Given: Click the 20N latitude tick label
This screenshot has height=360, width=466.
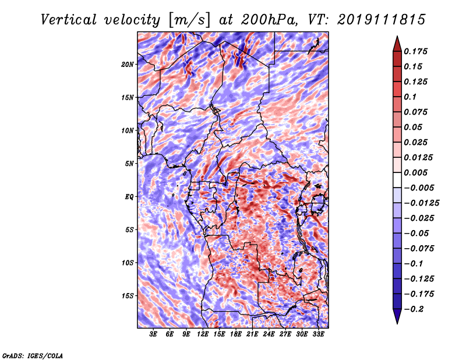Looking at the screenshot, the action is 128,64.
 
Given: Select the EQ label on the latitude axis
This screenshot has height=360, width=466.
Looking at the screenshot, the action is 129,196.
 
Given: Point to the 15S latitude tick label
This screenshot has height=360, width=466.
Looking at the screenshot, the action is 128,296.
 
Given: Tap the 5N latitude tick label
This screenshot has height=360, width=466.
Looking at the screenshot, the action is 129,164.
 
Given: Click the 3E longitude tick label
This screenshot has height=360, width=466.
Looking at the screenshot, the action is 153,334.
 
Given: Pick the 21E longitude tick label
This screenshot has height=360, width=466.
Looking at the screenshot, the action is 252,334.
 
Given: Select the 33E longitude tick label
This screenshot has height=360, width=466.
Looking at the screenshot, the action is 318,334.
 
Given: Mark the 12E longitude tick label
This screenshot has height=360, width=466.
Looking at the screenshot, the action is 202,334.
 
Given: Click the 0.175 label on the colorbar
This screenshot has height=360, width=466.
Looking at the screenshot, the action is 415,51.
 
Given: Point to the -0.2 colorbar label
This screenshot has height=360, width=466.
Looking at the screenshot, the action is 414,309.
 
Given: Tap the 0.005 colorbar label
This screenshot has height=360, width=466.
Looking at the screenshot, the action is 415,172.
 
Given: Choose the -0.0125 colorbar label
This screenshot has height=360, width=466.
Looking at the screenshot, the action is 421,203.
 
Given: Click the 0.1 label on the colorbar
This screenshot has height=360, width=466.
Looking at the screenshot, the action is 410,97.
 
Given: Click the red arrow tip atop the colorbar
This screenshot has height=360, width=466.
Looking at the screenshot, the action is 397,37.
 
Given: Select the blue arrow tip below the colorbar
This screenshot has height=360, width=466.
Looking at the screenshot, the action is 397,323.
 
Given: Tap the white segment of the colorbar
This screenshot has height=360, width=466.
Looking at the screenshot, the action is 397,180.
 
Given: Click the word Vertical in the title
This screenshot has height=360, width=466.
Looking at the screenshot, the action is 69,20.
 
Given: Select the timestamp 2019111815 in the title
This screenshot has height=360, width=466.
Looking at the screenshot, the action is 381,20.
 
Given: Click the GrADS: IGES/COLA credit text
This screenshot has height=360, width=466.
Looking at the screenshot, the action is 33,355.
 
